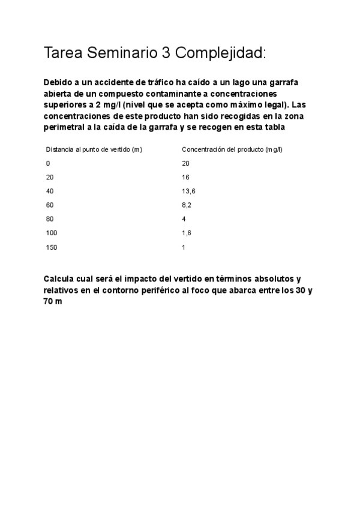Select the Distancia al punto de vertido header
point(94,149)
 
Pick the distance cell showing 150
point(52,247)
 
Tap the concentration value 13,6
point(188,191)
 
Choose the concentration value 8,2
point(187,205)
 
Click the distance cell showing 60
point(50,205)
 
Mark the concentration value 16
point(185,177)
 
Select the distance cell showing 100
point(52,233)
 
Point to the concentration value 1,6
point(187,233)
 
